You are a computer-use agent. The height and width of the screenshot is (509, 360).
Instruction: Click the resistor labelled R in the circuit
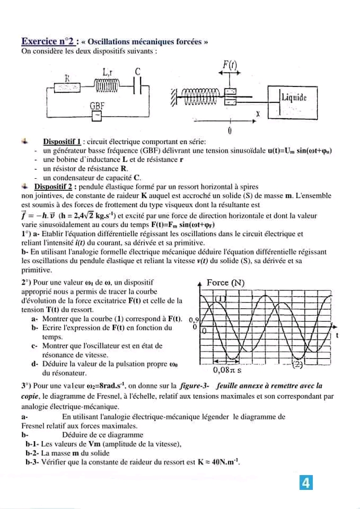[68, 86]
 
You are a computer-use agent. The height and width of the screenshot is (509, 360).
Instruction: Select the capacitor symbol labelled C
[138, 85]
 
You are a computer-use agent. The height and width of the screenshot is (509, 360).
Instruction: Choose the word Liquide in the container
[294, 97]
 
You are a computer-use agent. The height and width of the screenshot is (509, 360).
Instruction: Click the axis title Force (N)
[225, 283]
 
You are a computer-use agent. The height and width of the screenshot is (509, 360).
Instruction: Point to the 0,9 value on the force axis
[193, 320]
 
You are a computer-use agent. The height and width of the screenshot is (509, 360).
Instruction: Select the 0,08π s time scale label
[227, 371]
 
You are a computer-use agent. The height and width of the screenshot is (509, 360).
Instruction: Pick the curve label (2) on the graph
[298, 364]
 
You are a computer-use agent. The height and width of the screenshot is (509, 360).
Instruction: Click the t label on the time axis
[337, 336]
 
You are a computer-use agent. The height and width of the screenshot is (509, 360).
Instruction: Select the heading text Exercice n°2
[50, 41]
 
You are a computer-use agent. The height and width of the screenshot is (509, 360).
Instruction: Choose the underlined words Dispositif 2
[54, 187]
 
